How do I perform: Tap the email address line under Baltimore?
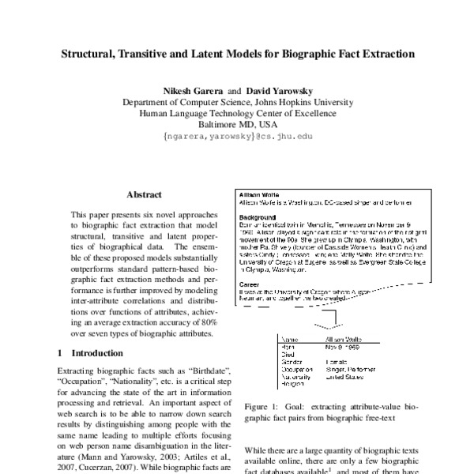tap(237, 137)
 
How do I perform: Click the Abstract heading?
tap(144, 194)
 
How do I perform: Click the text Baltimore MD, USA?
tap(237, 124)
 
